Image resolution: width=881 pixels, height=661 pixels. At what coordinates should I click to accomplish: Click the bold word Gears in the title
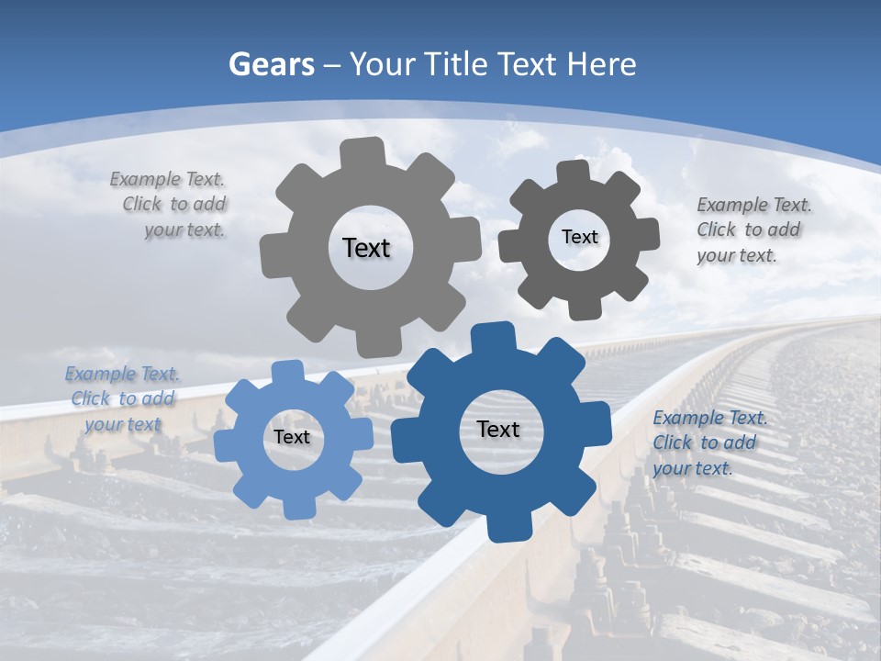272,64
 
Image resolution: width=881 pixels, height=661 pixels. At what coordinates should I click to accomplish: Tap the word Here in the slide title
602,64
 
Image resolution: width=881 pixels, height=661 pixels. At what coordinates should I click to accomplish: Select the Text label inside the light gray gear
366,248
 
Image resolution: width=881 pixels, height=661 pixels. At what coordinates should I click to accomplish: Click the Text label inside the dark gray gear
579,237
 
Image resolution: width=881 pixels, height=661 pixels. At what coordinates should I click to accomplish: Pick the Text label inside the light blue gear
292,437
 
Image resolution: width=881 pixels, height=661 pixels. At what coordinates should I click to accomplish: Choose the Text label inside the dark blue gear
498,429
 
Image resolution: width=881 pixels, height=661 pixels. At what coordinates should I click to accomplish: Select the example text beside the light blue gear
122,398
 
